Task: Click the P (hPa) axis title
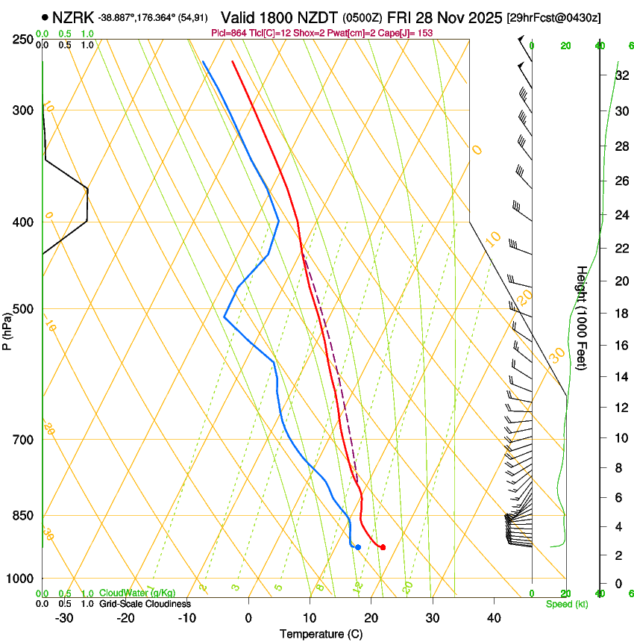[x=7, y=329]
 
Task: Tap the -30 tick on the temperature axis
[x=64, y=617]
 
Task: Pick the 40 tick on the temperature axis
[x=493, y=617]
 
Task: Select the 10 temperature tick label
[x=309, y=617]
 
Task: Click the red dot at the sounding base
[x=383, y=547]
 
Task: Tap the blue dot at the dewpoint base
[x=358, y=547]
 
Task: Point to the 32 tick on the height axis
[x=621, y=75]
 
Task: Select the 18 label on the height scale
[x=621, y=314]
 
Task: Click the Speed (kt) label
[x=566, y=603]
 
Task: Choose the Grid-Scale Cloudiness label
[x=145, y=603]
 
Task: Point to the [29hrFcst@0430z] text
[x=554, y=17]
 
